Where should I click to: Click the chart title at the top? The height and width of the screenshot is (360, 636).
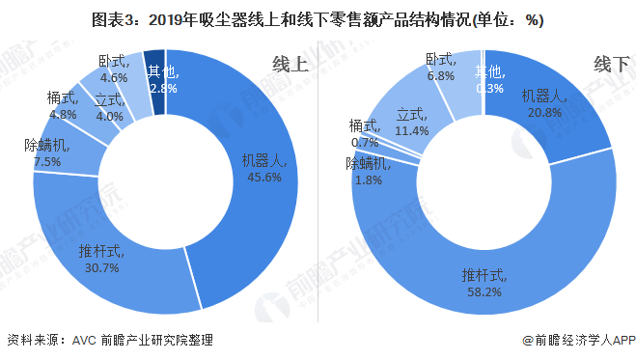coord(318,19)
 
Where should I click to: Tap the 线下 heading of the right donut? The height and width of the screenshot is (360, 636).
coord(610,65)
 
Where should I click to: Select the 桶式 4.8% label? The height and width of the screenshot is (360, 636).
coord(63,105)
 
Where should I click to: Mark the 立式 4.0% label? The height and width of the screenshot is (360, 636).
coord(110,107)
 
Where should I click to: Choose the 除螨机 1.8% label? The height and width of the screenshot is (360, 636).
coord(368,171)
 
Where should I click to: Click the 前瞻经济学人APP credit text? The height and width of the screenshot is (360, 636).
coord(583,341)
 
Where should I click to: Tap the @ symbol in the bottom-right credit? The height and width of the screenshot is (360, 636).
coord(527,341)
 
